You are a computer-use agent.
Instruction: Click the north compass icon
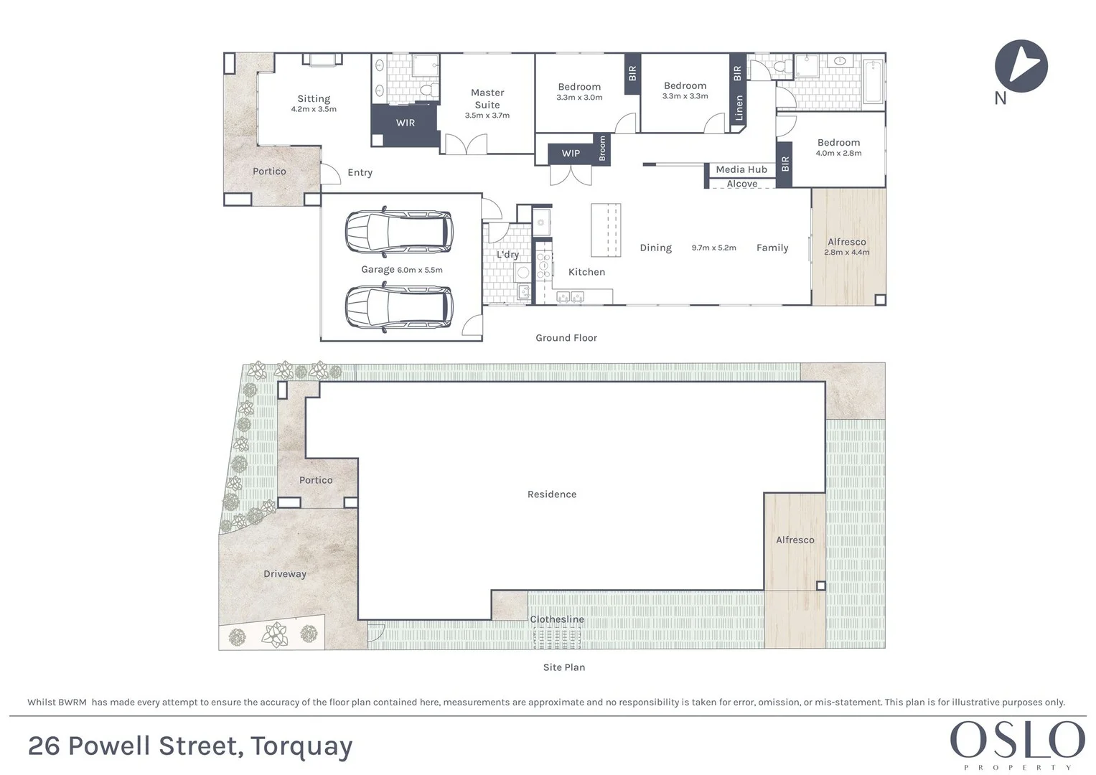(x=1021, y=66)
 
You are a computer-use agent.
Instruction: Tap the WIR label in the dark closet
(x=406, y=123)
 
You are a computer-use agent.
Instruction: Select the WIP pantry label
(x=571, y=154)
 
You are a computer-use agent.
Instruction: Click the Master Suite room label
(x=487, y=98)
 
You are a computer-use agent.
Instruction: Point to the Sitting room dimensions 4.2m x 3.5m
(x=314, y=110)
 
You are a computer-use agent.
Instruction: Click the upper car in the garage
(x=399, y=232)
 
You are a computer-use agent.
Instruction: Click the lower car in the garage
(x=399, y=307)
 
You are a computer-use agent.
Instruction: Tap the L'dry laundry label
(x=507, y=255)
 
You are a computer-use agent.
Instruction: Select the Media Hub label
(x=741, y=170)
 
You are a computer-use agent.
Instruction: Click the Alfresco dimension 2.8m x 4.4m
(x=847, y=253)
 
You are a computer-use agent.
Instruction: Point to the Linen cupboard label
(x=739, y=108)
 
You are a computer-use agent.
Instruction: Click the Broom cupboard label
(x=602, y=149)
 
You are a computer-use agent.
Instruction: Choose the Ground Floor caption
(x=566, y=338)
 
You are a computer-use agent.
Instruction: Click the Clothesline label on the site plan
(x=557, y=619)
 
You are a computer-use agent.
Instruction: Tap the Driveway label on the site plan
(x=285, y=574)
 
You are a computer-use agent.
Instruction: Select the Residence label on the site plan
(x=552, y=494)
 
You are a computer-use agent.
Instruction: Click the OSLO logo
(x=1017, y=741)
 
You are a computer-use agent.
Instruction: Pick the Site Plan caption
(x=564, y=667)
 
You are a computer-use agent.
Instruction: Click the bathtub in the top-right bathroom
(x=873, y=83)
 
